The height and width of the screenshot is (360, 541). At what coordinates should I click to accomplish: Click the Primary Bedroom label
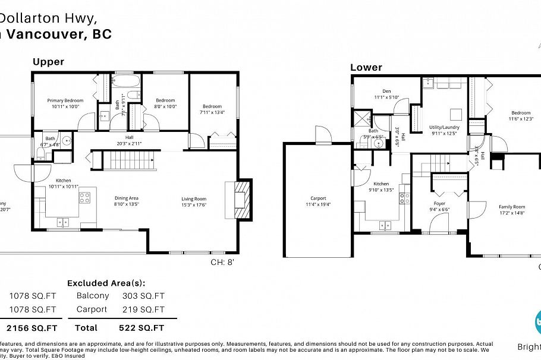[x=65, y=100]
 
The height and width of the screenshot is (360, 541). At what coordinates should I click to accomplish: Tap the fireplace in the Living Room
[x=240, y=201]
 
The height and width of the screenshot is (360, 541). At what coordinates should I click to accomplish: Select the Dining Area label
[x=126, y=198]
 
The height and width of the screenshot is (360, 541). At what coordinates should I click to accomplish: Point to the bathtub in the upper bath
[x=125, y=82]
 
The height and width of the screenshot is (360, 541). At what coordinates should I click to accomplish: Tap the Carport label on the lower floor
[x=318, y=198]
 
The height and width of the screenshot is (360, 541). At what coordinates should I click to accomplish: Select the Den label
[x=386, y=91]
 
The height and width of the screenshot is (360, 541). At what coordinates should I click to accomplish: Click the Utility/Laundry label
[x=444, y=127]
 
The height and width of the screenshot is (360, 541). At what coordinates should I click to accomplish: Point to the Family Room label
[x=512, y=206]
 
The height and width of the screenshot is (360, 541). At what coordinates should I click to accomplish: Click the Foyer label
[x=439, y=203]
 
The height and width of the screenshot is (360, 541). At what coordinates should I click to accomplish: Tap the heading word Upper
[x=48, y=62]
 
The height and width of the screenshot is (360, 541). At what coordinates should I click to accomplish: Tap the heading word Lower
[x=366, y=67]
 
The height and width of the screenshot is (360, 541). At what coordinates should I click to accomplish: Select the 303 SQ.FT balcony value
[x=143, y=295]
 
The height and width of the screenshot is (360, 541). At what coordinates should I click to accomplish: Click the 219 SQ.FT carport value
[x=143, y=310]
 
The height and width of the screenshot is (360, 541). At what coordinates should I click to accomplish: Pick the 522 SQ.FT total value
[x=143, y=327]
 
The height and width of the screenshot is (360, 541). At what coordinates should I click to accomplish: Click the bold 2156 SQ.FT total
[x=32, y=327]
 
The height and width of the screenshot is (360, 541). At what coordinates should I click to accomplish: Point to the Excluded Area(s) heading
[x=106, y=283]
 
